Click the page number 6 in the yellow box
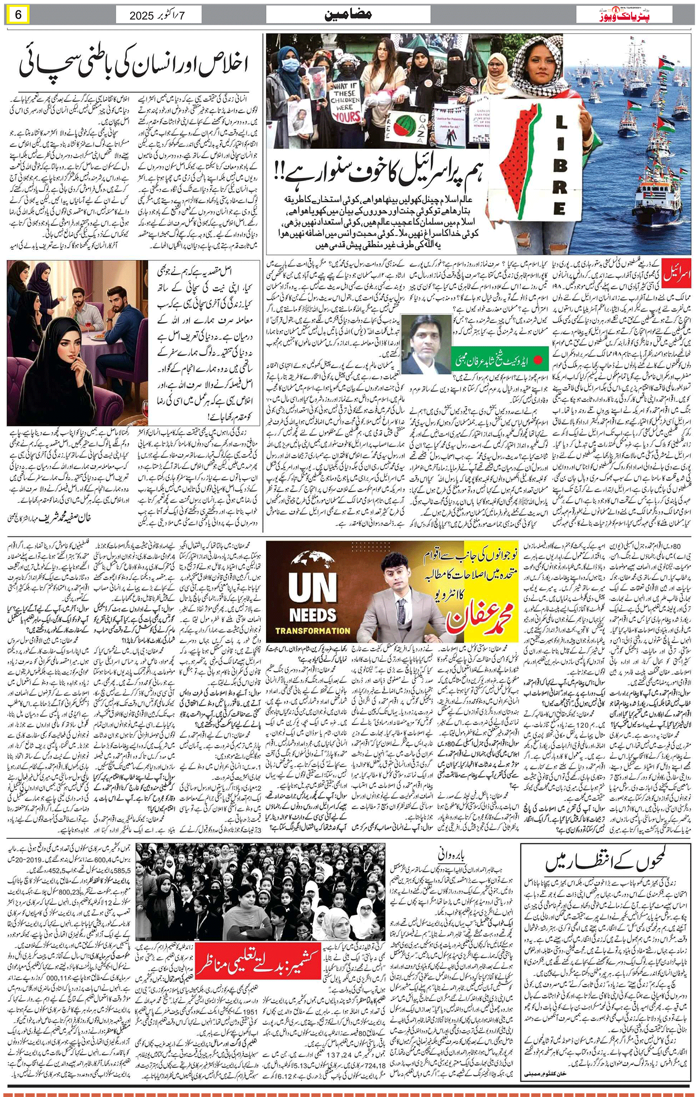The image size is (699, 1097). (x=18, y=15)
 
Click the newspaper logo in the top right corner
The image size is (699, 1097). (x=635, y=15)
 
